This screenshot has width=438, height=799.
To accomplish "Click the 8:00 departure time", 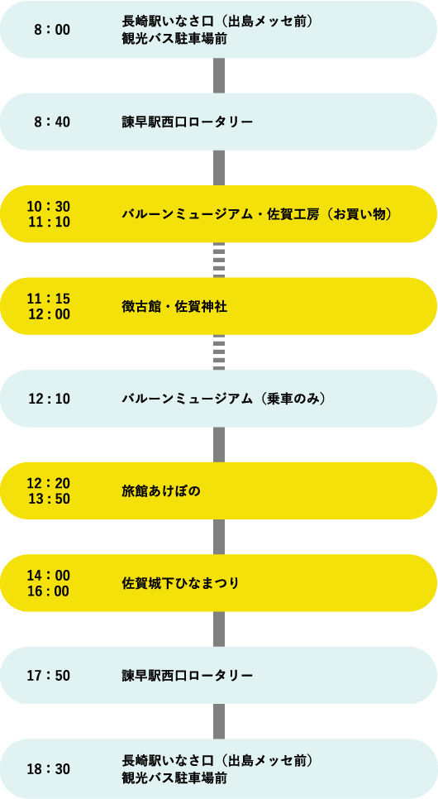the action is pyautogui.click(x=52, y=30).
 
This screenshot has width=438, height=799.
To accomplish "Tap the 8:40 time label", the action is pyautogui.click(x=52, y=122).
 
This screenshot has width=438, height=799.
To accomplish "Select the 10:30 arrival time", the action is pyautogui.click(x=49, y=207).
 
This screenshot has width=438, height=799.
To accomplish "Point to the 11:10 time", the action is pyautogui.click(x=49, y=222).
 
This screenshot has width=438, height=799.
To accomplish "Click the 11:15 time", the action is pyautogui.click(x=49, y=299).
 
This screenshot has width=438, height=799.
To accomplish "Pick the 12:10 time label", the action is pyautogui.click(x=49, y=399).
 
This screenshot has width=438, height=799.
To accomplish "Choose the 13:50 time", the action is pyautogui.click(x=49, y=499).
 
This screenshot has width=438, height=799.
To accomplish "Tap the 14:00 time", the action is pyautogui.click(x=49, y=576).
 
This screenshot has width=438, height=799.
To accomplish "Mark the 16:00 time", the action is pyautogui.click(x=49, y=591).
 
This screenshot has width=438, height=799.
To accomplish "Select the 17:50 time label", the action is pyautogui.click(x=49, y=676).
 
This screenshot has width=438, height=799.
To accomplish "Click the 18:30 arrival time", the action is pyautogui.click(x=49, y=769).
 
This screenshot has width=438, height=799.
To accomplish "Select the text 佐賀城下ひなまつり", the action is pyautogui.click(x=181, y=583).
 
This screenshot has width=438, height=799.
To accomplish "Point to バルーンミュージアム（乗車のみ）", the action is pyautogui.click(x=224, y=399).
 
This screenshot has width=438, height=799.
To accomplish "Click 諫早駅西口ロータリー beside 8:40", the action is pyautogui.click(x=188, y=122).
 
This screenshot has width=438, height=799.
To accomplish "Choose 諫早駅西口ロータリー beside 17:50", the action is pyautogui.click(x=188, y=676).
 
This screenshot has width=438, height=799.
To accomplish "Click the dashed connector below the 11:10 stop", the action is pyautogui.click(x=219, y=260).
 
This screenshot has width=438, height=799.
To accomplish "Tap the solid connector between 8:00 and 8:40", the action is pyautogui.click(x=219, y=75).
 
